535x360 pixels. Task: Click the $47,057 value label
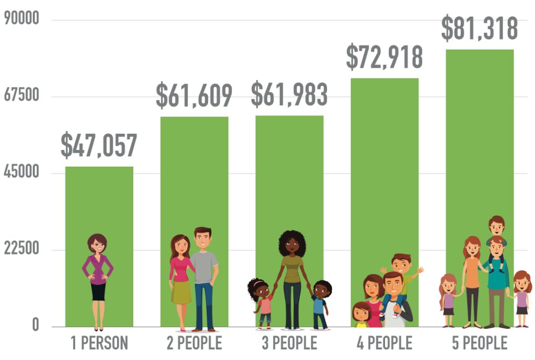[x=99, y=146]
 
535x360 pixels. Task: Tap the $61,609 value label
[x=194, y=96]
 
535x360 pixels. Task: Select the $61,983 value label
[x=289, y=95]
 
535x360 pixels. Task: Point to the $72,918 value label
[x=384, y=57]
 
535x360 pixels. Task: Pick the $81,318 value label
[x=479, y=29]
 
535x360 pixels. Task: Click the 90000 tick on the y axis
[x=21, y=19]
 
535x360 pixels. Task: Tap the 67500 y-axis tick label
[x=21, y=96]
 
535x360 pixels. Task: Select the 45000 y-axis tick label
[x=21, y=172]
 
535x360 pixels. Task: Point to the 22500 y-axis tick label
[x=21, y=249]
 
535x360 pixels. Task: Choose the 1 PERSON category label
[x=99, y=343]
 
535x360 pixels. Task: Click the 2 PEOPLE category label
[x=194, y=343]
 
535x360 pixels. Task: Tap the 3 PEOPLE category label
[x=289, y=343]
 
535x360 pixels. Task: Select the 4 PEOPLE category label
[x=385, y=343]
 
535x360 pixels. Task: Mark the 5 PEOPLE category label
[x=480, y=343]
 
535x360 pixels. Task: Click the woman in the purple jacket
[x=98, y=272]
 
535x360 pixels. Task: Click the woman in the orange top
[x=472, y=277]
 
